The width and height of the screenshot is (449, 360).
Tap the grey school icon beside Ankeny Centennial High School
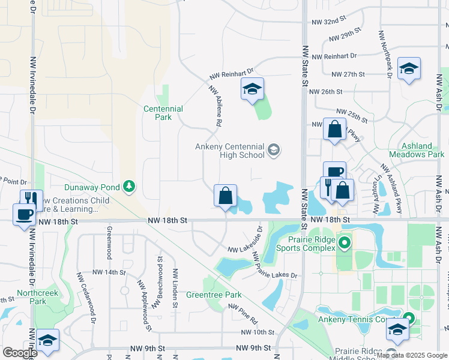pyautogui.click(x=274, y=149)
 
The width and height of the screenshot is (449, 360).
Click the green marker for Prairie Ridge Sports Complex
pyautogui.click(x=345, y=244)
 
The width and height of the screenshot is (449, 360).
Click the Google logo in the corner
pyautogui.click(x=19, y=352)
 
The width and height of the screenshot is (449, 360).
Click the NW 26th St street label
pyautogui.click(x=325, y=92)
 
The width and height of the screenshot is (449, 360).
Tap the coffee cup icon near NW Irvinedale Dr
pyautogui.click(x=25, y=214)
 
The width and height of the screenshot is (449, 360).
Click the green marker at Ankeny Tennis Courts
pyautogui.click(x=409, y=319)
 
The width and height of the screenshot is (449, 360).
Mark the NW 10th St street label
pyautogui.click(x=257, y=332)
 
